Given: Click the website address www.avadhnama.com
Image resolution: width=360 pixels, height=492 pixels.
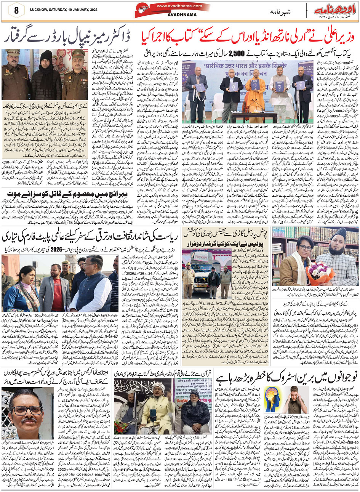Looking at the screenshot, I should (178, 6).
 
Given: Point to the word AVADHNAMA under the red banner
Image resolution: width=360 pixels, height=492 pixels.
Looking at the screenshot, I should (178, 16).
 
